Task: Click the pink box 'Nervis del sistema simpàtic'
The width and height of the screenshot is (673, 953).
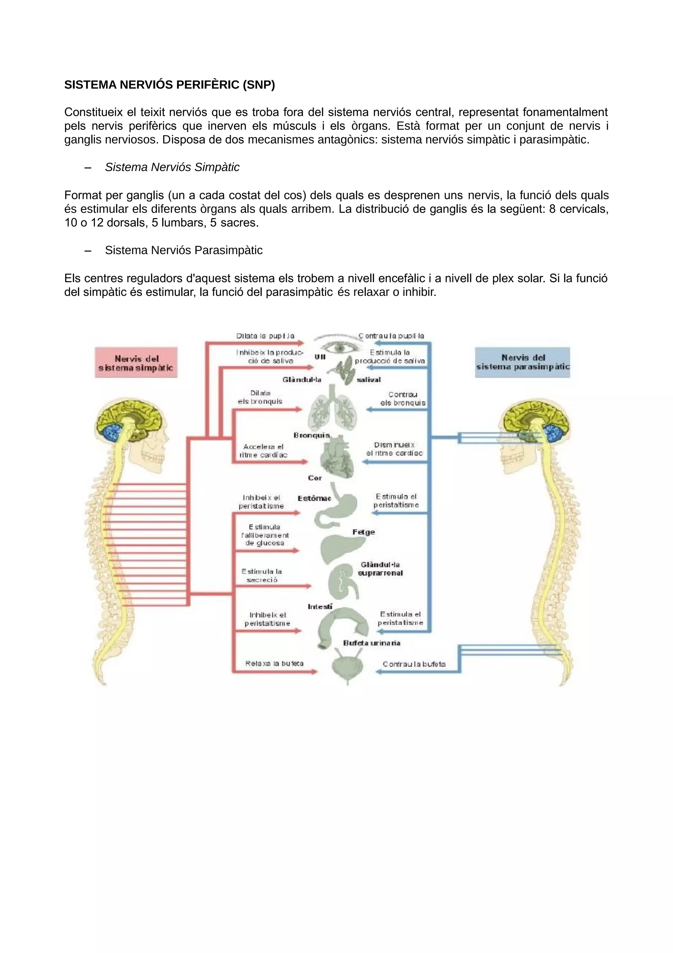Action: (136, 363)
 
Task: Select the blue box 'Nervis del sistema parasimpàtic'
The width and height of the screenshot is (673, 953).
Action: (522, 362)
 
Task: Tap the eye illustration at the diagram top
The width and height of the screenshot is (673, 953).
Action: (339, 346)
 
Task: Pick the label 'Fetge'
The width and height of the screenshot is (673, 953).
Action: (364, 532)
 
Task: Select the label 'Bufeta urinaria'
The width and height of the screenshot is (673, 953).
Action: (372, 643)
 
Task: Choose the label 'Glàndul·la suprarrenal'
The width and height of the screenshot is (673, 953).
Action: (380, 569)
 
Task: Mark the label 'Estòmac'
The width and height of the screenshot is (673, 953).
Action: (314, 498)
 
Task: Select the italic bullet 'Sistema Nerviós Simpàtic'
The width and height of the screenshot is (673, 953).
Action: (172, 167)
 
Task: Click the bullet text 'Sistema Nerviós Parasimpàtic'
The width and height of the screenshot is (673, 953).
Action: (183, 250)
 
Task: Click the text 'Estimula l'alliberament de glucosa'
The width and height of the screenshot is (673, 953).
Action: (265, 535)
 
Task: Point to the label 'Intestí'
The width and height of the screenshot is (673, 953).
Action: (320, 607)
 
